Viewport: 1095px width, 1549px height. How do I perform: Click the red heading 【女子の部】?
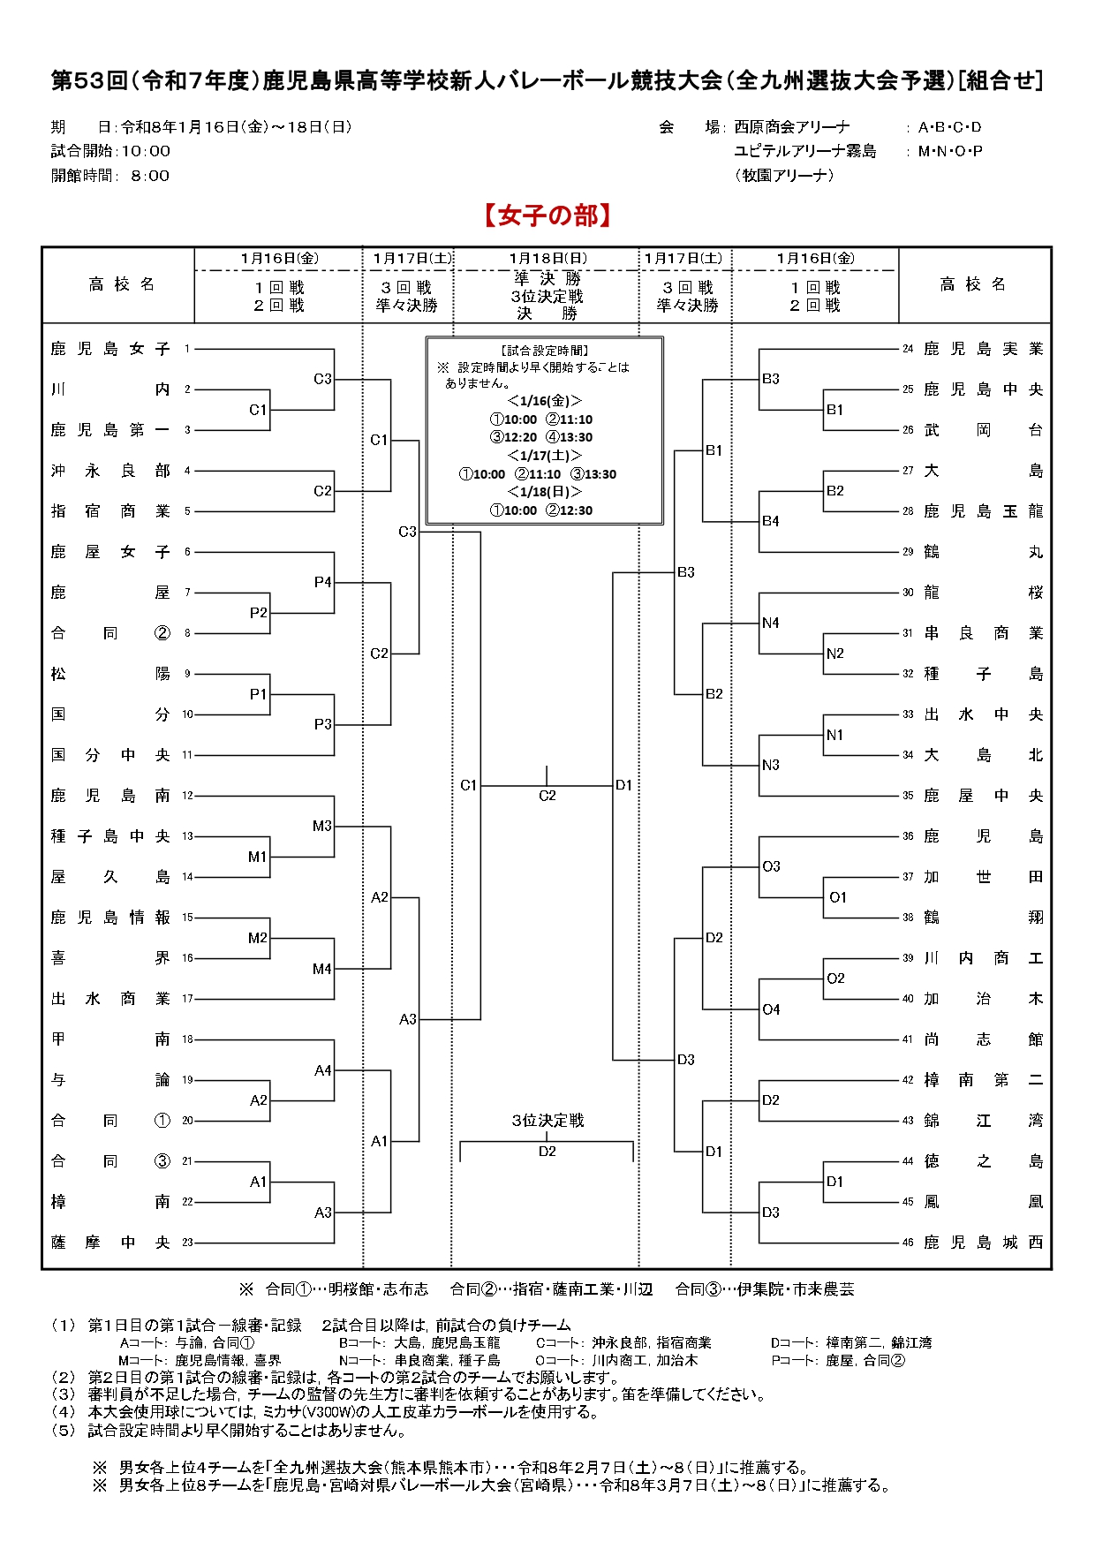[x=547, y=216]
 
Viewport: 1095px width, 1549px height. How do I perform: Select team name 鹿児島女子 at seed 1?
[x=110, y=349]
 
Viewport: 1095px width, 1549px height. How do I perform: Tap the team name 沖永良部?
[x=110, y=471]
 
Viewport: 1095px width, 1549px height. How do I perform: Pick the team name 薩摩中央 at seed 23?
[x=110, y=1243]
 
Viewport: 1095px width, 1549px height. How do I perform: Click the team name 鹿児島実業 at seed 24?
[x=983, y=349]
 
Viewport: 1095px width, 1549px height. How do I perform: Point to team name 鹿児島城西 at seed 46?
[x=983, y=1243]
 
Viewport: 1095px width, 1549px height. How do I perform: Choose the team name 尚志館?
[x=983, y=1039]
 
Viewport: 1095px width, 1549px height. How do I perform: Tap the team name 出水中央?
[x=983, y=714]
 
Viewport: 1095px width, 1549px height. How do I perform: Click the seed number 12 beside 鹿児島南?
[x=187, y=796]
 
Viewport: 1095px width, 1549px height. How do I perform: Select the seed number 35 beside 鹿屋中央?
[x=908, y=796]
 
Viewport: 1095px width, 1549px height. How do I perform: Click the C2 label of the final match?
[x=547, y=796]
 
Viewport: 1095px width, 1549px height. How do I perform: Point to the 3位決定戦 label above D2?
[x=547, y=1121]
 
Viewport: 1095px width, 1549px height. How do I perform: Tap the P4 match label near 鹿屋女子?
[x=322, y=583]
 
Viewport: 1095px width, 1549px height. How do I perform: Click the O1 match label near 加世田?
[x=837, y=897]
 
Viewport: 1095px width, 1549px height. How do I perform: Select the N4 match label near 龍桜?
[x=771, y=623]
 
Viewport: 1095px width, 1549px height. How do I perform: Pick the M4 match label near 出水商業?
[x=322, y=969]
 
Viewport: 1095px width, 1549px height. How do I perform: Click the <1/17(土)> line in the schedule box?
[x=544, y=456]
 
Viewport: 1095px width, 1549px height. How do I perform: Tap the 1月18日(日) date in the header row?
[x=547, y=259]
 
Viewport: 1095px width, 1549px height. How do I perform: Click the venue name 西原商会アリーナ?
[x=792, y=127]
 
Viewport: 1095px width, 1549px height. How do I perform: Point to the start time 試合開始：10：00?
[x=110, y=151]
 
